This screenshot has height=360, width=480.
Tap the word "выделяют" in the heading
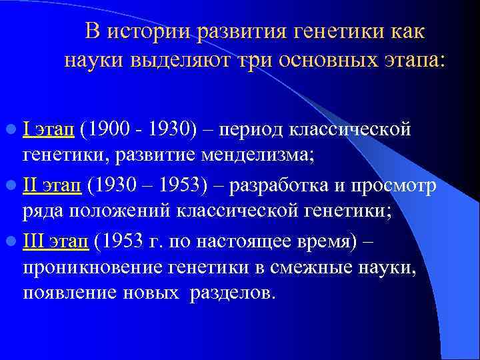171,61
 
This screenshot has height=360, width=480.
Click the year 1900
110,130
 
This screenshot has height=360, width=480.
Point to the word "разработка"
290,185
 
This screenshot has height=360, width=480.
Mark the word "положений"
116,212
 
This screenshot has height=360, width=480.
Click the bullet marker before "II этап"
14,185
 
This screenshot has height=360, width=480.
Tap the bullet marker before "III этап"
14,239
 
